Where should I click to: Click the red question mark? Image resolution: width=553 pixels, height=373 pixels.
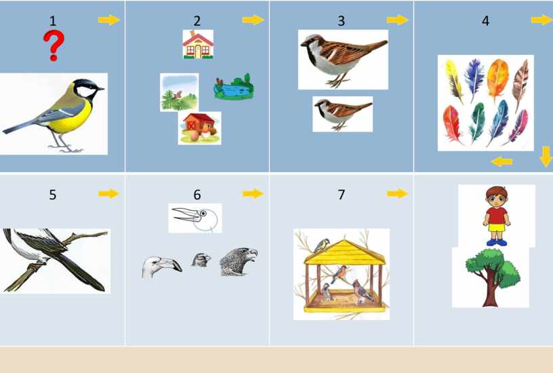coord(54,45)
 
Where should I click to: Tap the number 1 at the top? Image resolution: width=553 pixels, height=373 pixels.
coord(53,21)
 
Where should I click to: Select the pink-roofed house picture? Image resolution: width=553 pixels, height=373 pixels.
coord(198,44)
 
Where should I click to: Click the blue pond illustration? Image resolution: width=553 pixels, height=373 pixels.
coord(234,87)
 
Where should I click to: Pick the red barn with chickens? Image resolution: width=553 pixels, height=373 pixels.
coord(200,128)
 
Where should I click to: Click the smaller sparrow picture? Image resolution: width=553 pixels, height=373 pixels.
coord(342,114)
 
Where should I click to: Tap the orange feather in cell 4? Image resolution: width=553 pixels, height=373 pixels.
coord(497,80)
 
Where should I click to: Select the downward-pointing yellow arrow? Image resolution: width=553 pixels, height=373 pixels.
coord(546,157)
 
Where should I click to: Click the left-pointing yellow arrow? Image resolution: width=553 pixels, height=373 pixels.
coord(501,162)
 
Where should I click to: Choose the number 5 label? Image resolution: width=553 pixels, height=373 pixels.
coord(53,195)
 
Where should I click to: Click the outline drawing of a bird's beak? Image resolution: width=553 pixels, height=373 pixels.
coord(195,218)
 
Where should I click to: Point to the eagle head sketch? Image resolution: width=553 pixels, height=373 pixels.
coord(239,262)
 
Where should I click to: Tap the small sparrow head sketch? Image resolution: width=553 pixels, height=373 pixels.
coord(201,260)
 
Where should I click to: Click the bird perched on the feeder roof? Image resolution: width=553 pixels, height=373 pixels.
coord(322,246)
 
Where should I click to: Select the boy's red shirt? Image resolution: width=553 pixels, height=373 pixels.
coord(497,215)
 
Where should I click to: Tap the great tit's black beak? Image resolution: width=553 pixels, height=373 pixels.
coord(100,88)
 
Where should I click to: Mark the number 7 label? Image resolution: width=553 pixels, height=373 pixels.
coord(341,195)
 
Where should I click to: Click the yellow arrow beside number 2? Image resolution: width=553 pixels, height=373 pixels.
coord(253,20)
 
